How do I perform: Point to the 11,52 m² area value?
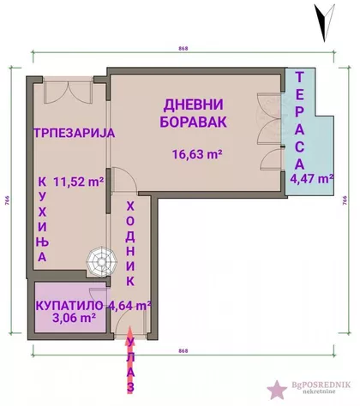[x=78, y=181]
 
